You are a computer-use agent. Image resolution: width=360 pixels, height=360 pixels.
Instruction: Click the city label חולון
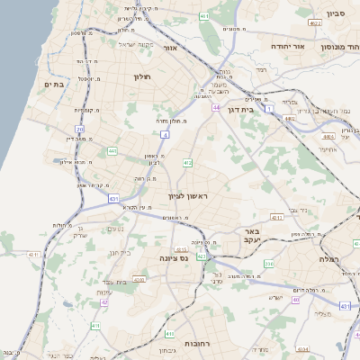pos(143,77)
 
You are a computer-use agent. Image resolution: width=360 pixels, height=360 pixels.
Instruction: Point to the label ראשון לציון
pos(187,196)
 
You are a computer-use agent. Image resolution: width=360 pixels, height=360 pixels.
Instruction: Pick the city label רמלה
pos(345,258)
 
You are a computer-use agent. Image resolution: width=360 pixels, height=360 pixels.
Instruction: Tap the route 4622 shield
pos(315,22)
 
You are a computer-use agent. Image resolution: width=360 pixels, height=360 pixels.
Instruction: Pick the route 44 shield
pos(217,107)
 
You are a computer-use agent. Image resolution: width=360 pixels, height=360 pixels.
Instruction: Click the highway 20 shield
pos(79,130)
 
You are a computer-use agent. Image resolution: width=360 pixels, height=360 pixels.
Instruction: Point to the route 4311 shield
pos(34,255)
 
